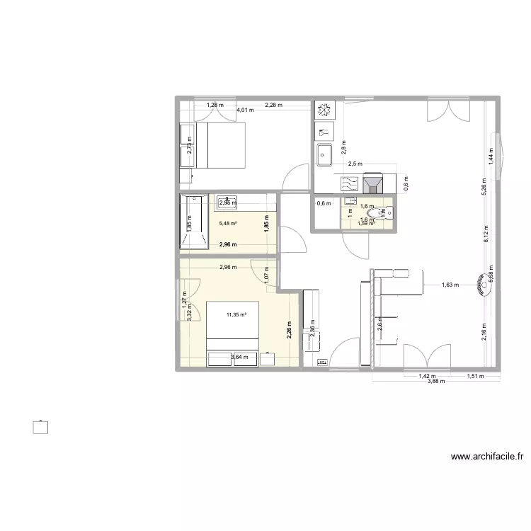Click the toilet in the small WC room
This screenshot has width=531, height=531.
[383, 212]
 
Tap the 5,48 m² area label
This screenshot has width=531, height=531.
[227, 224]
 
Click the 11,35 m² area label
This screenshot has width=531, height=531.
[235, 316]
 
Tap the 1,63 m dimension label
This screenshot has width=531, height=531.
[450, 285]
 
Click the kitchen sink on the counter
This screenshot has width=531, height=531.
[326, 154]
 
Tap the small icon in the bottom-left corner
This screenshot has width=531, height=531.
[42, 426]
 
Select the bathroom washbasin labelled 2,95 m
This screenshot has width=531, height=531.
[227, 202]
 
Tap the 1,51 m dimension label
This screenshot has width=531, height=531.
[475, 377]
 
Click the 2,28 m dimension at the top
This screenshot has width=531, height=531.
[273, 105]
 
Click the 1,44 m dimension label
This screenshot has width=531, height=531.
[491, 156]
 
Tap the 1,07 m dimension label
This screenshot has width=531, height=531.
[266, 274]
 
